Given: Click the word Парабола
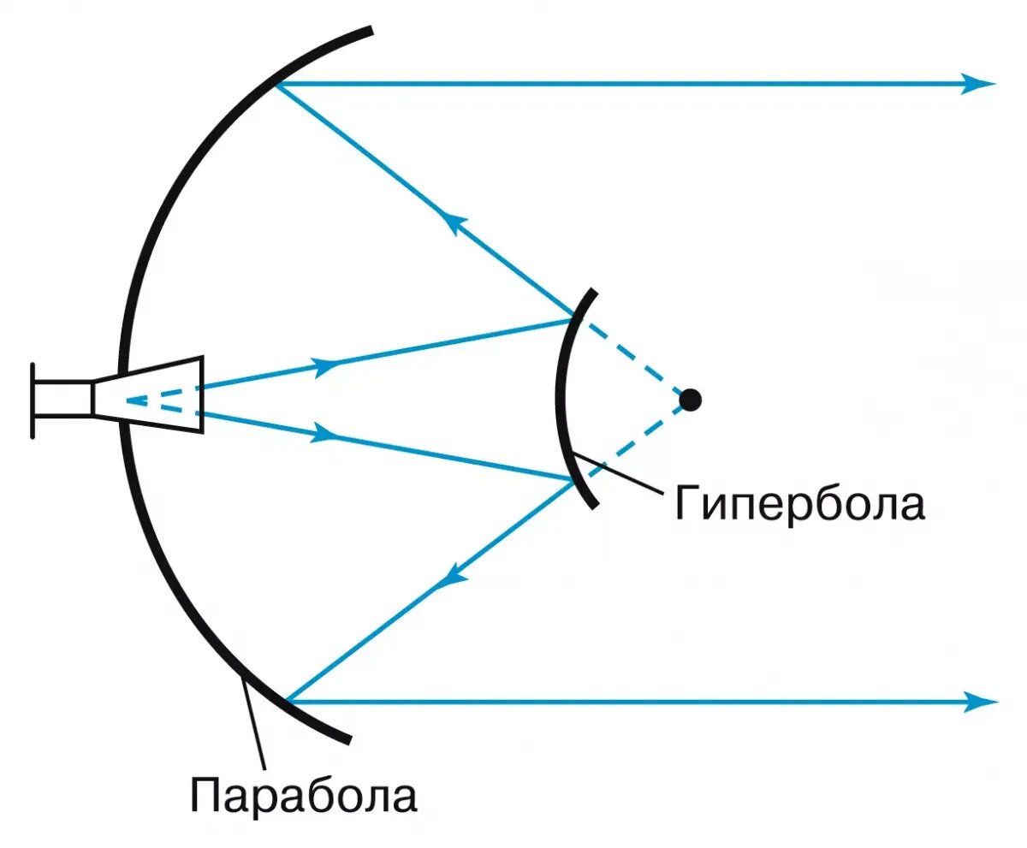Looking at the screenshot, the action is pyautogui.click(x=304, y=795).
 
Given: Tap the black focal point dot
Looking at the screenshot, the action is pyautogui.click(x=690, y=399).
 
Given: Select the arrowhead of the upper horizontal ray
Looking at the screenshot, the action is pyautogui.click(x=978, y=84).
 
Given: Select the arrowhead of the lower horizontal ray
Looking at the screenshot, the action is pyautogui.click(x=980, y=702).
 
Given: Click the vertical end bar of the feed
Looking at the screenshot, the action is pyautogui.click(x=33, y=400).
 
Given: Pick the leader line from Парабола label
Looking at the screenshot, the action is pyautogui.click(x=254, y=723).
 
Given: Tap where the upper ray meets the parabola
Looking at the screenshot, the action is pyautogui.click(x=276, y=85).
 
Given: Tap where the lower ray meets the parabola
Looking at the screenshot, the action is pyautogui.click(x=288, y=701).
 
